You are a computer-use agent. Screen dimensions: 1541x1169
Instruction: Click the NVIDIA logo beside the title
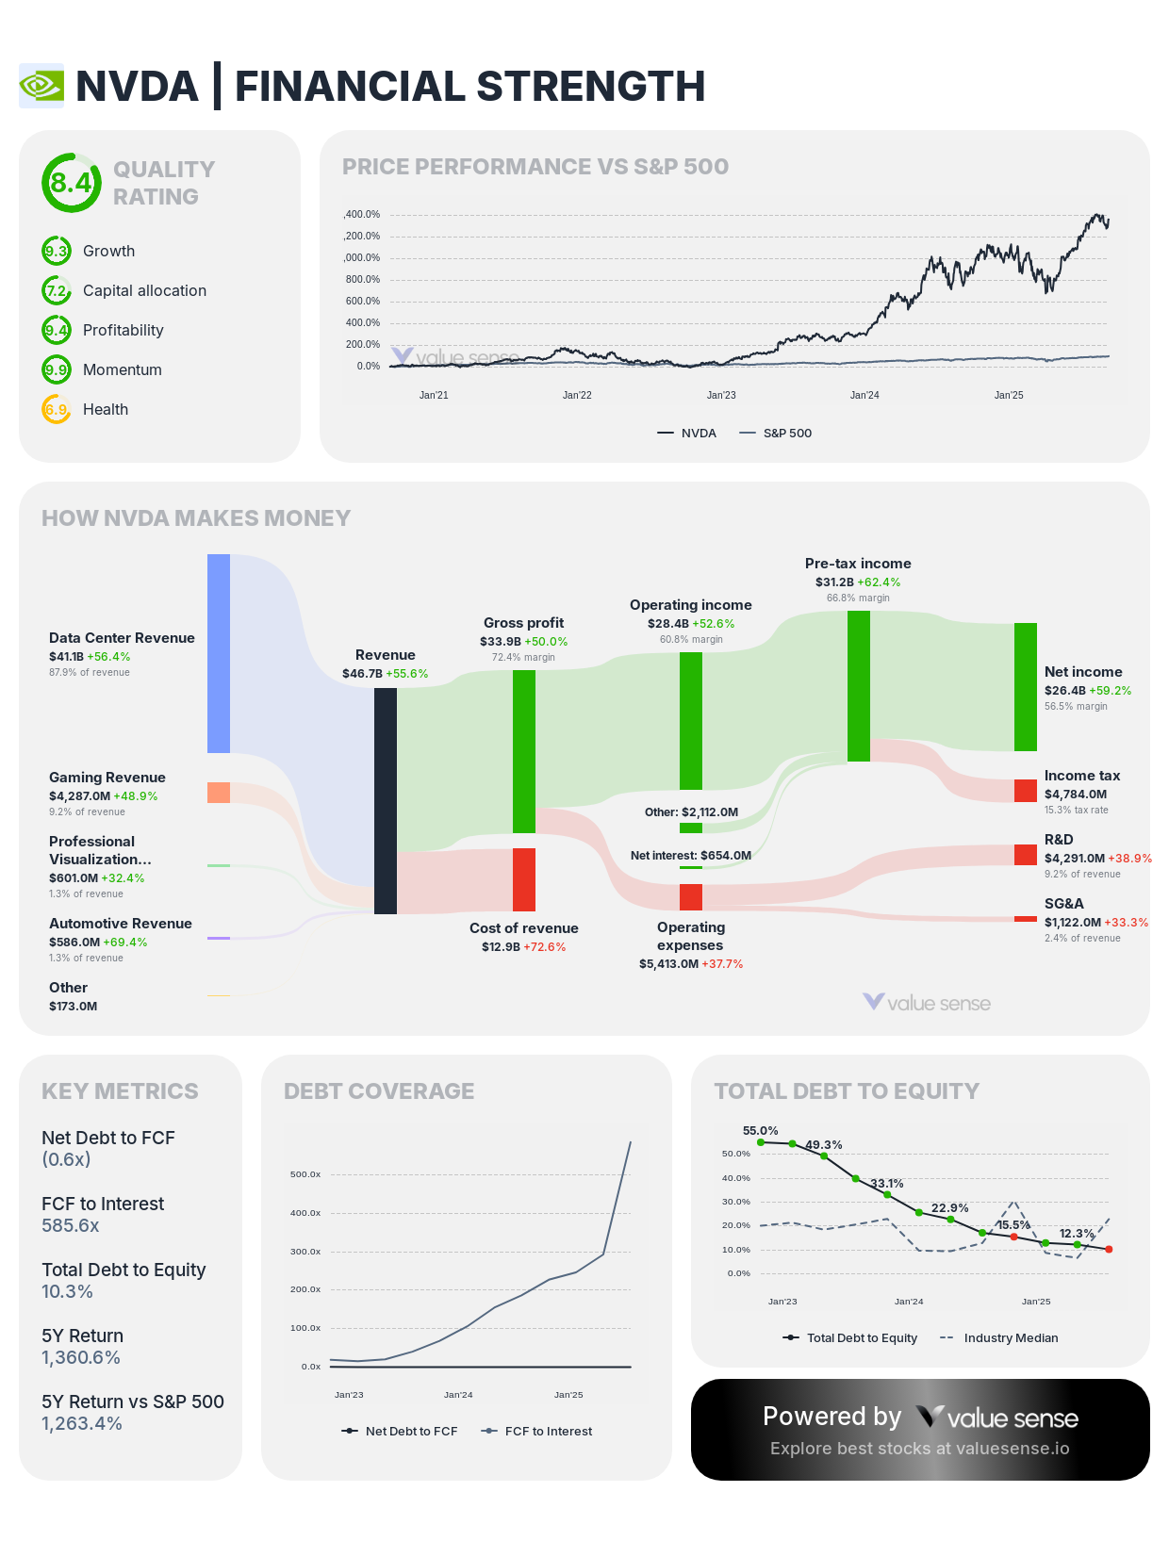pos(41,86)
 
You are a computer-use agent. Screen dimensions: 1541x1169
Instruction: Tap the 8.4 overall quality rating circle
pos(71,182)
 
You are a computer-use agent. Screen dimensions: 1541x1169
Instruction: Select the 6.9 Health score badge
pos(57,409)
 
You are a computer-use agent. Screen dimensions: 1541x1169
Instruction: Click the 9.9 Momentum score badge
pos(57,369)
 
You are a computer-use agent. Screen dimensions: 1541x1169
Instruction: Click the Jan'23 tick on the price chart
pos(721,395)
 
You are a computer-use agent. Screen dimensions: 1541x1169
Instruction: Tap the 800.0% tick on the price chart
pos(362,280)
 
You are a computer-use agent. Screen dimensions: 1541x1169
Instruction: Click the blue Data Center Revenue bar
pos(219,653)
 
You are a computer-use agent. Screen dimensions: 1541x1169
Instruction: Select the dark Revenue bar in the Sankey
pos(386,800)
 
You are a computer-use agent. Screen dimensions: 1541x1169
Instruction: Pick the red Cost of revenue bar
pos(524,879)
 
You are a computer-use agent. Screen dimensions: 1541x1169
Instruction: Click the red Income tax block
pos(1026,791)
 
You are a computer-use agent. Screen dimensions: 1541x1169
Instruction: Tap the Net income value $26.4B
pos(1064,691)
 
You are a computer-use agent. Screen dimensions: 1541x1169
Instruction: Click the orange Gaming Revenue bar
pos(219,793)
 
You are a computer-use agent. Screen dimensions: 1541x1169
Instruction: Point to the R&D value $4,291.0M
pos(1074,859)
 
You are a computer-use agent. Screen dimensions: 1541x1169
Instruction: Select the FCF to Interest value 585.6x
pos(71,1225)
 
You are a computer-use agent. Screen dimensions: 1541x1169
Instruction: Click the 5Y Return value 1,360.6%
pos(81,1357)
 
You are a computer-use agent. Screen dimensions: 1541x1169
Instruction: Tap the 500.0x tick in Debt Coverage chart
pos(305,1174)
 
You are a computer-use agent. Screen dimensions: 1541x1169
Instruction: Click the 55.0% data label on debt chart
pos(760,1130)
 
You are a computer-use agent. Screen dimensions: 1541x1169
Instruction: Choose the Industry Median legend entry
pos(1010,1338)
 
